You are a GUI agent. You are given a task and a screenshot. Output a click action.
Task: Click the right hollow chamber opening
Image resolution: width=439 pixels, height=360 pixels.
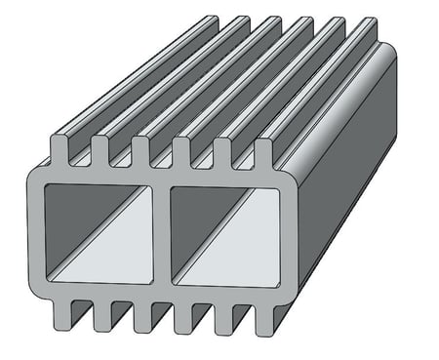(224, 234)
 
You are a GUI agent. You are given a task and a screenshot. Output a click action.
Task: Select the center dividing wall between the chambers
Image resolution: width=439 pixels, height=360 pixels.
(162, 234)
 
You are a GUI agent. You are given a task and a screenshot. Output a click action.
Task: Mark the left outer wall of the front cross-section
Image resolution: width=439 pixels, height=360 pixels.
(35, 234)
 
